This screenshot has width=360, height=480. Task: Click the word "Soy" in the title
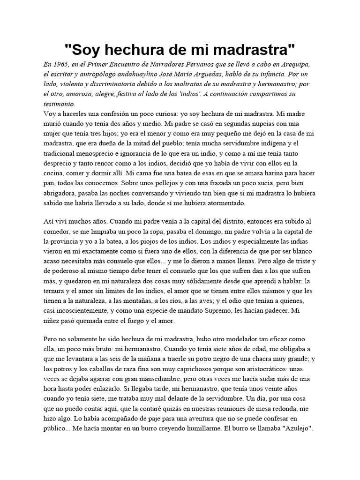pos(86,48)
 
